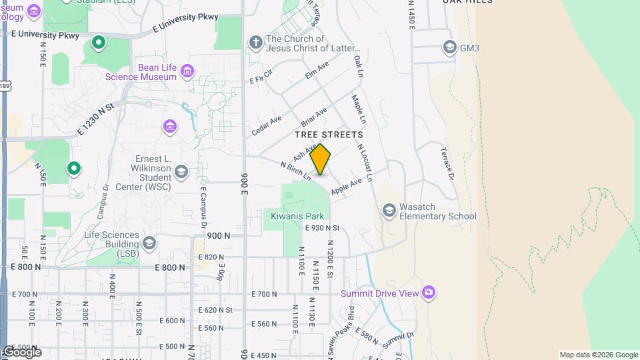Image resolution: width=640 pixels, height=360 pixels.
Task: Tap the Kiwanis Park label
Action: (297, 216)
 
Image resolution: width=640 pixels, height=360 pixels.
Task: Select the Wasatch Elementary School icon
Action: (389, 211)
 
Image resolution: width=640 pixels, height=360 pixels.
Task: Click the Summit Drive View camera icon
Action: (428, 293)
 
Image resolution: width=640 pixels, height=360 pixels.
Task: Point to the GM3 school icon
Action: (449, 47)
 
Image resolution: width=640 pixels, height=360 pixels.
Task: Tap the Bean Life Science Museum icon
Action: (187, 70)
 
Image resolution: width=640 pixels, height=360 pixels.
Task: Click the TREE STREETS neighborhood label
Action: (329, 135)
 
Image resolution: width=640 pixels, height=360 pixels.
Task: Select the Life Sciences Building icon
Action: (149, 242)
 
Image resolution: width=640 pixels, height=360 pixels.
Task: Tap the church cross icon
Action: (255, 43)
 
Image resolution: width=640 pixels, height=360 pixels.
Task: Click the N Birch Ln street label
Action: (295, 171)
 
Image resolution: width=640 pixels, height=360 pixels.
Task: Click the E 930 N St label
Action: (323, 228)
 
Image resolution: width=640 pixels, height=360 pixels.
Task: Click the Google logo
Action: (21, 352)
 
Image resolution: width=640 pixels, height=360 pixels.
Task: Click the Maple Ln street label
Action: (359, 109)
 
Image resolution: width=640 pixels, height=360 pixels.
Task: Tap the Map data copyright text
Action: (599, 355)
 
